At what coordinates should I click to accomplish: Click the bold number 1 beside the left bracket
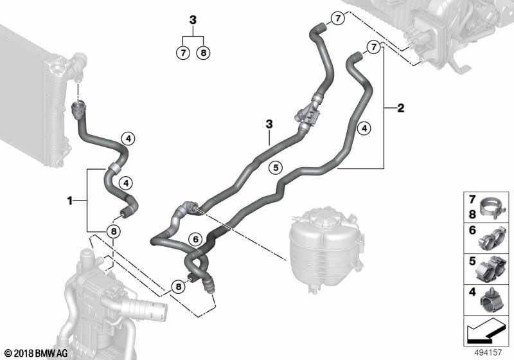[69, 201]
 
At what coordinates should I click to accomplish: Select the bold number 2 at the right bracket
[400, 108]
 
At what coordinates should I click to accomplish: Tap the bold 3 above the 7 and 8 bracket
[193, 20]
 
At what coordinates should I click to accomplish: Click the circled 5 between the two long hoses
[276, 168]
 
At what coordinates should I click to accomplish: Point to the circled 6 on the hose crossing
[195, 239]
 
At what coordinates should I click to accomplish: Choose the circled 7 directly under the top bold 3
[183, 53]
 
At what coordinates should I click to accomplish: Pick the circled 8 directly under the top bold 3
[203, 53]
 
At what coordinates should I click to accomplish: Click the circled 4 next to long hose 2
[364, 128]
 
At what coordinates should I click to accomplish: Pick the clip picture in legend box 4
[492, 300]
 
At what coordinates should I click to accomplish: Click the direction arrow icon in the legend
[485, 331]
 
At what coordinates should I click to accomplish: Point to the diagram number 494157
[488, 352]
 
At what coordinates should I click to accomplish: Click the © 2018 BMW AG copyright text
[37, 353]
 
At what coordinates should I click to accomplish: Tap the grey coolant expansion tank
[326, 249]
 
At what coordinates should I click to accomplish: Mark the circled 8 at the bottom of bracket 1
[114, 231]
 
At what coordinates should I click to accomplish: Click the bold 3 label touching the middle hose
[269, 124]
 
